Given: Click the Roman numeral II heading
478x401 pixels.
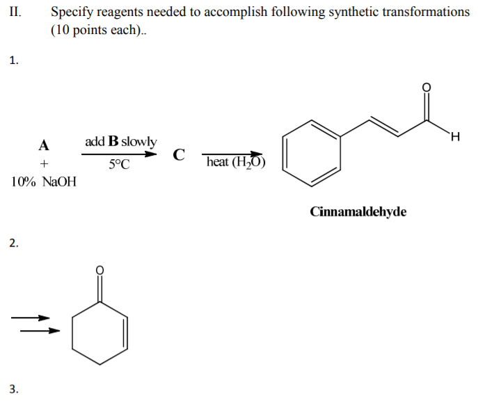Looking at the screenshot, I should [15, 12].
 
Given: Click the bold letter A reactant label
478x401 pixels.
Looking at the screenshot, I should [44, 146].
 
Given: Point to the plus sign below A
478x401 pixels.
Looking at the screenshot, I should [44, 164].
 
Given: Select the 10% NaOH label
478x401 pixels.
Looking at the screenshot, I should [44, 182].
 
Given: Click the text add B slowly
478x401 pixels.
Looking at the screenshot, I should [120, 141].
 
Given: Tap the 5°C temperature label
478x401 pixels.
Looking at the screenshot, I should [119, 165].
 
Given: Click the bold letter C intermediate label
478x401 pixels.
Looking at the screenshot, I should [179, 154].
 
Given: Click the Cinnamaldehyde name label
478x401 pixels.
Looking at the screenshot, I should [358, 211].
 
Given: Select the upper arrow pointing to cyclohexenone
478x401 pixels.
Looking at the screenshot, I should [31, 318].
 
